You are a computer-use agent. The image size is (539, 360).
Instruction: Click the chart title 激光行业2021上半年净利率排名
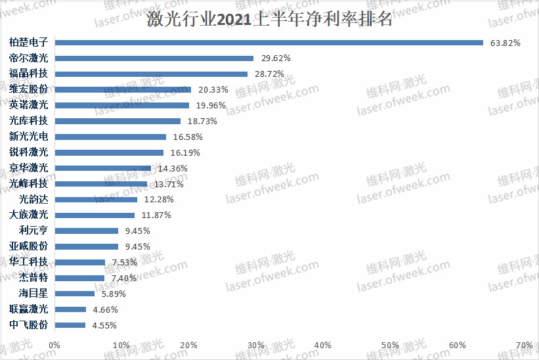(x=270, y=19)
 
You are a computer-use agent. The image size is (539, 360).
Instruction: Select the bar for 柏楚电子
(x=269, y=43)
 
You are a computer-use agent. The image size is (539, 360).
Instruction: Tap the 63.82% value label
(x=506, y=43)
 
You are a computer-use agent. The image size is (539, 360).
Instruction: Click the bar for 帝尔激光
(x=154, y=58)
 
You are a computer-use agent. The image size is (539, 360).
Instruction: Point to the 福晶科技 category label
(x=29, y=74)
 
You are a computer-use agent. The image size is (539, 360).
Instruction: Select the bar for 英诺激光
(x=122, y=105)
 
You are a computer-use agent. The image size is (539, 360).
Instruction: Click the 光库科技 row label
(x=29, y=121)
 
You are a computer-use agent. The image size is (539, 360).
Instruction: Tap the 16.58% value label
(x=187, y=137)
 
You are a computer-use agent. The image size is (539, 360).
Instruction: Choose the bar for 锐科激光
(x=110, y=152)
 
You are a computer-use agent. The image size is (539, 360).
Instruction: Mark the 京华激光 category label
(x=29, y=168)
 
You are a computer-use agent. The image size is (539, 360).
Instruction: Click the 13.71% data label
(x=168, y=184)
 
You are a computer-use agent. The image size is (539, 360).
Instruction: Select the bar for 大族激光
(x=95, y=215)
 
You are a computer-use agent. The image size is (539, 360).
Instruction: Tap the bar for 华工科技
(x=80, y=262)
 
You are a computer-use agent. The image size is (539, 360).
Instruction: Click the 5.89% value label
(x=114, y=294)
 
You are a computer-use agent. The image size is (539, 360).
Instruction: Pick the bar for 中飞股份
(x=70, y=325)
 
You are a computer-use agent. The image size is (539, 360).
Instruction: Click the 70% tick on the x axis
(x=524, y=346)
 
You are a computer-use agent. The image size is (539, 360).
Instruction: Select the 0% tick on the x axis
(x=55, y=346)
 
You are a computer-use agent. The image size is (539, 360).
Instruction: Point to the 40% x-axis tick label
(x=323, y=346)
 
